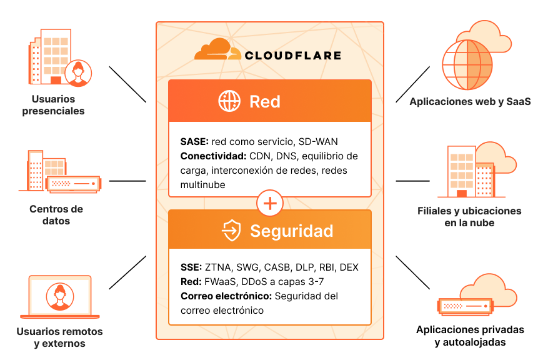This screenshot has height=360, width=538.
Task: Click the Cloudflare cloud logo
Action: pos(217,49)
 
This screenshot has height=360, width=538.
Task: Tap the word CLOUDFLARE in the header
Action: pos(293,55)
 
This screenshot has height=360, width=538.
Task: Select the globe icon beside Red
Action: pos(229,101)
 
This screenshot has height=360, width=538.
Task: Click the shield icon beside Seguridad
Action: pos(231,230)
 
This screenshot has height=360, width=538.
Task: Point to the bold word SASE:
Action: pos(194,141)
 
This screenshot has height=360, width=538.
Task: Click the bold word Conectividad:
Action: pos(213,156)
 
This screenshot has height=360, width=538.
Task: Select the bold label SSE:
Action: pos(191,267)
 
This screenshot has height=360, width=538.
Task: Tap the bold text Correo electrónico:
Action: pos(226,296)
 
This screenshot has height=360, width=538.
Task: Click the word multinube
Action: pos(203,184)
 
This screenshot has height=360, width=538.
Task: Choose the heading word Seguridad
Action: pos(292,231)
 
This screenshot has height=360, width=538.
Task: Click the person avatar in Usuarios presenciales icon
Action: pos(78,73)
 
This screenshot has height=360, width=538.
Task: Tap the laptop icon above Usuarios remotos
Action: pos(60,297)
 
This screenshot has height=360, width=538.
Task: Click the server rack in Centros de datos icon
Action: pos(74,184)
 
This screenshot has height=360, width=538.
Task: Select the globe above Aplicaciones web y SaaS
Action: pos(467,64)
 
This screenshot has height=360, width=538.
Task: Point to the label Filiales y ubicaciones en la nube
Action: pos(469,217)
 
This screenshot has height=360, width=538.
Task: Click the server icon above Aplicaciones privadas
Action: pos(466,306)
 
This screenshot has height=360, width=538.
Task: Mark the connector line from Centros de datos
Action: pos(127,181)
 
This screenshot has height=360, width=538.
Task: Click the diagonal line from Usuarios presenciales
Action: pos(127,84)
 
